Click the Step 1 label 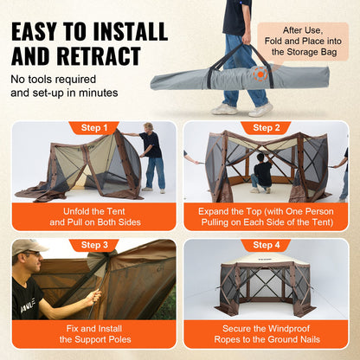click(93, 128)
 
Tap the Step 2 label click(266, 128)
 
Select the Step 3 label click(93, 246)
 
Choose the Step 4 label click(266, 246)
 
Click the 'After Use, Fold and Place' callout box click(308, 42)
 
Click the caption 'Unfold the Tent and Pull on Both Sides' click(93, 215)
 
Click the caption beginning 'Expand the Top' click(266, 215)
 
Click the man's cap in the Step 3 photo click(28, 247)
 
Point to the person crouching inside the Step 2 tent click(261, 171)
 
